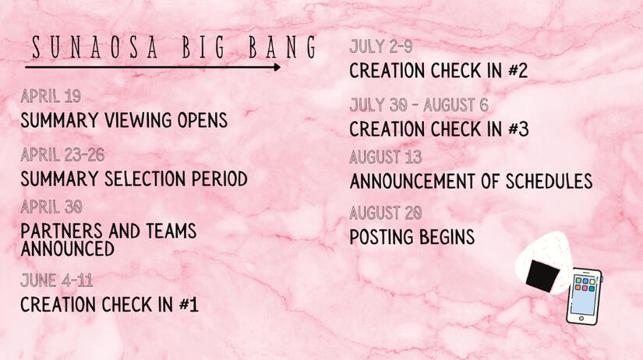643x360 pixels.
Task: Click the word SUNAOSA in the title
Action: coord(95,48)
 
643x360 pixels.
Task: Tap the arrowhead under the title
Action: coord(277,67)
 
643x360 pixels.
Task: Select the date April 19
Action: coord(51,97)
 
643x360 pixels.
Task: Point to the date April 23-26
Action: coord(63,155)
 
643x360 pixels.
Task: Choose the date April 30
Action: coord(51,207)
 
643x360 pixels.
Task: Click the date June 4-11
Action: coord(57,281)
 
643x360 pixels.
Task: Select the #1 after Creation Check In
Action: coord(189,305)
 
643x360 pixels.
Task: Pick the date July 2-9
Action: coord(381,46)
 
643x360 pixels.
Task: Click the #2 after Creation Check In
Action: coord(518,71)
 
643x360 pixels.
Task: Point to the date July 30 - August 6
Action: coord(419,105)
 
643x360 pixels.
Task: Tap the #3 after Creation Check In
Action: coord(518,129)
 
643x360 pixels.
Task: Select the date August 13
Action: coord(386,157)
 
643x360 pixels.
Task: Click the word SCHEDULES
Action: coord(549,182)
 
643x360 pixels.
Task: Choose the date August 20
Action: coord(386,213)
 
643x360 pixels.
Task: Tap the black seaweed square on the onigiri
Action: coord(542,276)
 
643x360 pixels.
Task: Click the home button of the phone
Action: coord(581,318)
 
